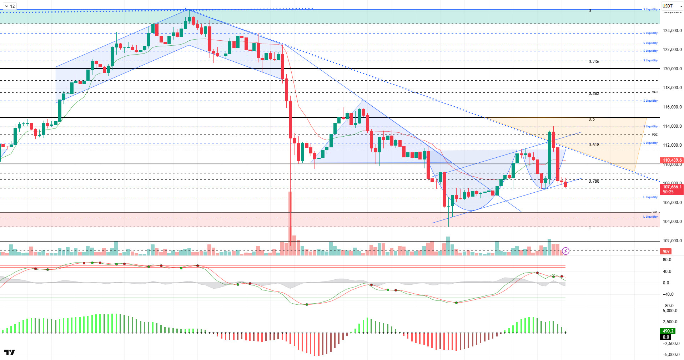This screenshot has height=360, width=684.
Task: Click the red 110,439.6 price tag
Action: tap(672, 160)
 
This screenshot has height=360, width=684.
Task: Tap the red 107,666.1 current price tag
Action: tap(672, 187)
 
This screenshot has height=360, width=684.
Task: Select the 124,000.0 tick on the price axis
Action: tap(672, 31)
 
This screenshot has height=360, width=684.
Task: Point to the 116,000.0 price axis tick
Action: tap(672, 107)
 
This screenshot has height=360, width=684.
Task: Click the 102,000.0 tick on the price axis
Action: tap(672, 241)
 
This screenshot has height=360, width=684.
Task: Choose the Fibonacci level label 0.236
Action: tap(594, 62)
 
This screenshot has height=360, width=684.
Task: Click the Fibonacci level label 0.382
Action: tap(594, 93)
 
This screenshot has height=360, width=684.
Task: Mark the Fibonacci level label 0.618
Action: tap(594, 145)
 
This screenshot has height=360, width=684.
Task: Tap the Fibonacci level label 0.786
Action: tap(594, 181)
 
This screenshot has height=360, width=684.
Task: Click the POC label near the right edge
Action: tap(655, 135)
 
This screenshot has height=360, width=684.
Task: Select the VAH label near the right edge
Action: tap(655, 92)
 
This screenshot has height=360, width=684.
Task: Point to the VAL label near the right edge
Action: tap(655, 212)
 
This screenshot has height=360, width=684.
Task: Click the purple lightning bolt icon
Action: tap(565, 251)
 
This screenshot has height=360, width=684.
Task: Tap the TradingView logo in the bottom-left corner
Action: tap(10, 353)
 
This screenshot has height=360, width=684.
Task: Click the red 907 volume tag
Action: tap(666, 252)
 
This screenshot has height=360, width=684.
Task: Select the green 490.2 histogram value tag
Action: tap(668, 331)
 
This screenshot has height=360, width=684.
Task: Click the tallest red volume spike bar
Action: tap(290, 221)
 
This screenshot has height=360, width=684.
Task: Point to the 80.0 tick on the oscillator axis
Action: tap(667, 260)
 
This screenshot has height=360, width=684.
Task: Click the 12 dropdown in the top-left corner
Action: tap(10, 6)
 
